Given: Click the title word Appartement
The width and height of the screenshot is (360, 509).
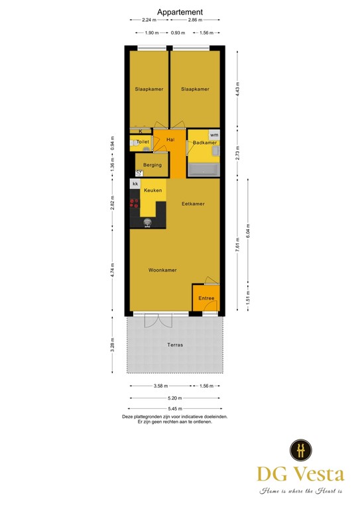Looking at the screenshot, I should [x=180, y=12].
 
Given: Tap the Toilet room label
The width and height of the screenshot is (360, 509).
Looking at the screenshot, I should [x=143, y=142].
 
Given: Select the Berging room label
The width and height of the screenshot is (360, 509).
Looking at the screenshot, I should [x=152, y=165].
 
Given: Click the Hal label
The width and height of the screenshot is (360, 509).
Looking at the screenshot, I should [x=170, y=139].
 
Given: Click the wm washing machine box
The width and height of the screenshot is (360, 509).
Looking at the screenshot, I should [x=213, y=135].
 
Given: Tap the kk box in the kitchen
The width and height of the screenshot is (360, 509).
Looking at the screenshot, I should [x=135, y=184].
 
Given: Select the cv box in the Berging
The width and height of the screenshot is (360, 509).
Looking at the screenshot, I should [x=139, y=173].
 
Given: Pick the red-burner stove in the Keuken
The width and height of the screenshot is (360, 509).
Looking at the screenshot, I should [x=134, y=203].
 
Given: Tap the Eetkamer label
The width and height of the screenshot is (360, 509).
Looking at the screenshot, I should [x=193, y=204].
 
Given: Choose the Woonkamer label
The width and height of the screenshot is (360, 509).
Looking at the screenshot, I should [x=162, y=270].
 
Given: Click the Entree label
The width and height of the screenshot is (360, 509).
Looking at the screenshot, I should [x=206, y=299].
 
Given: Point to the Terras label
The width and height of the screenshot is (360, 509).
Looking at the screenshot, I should [x=175, y=345].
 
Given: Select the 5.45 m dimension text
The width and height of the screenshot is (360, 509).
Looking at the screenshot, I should [x=175, y=409].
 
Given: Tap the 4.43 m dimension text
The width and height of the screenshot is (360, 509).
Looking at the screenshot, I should [x=237, y=90].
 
